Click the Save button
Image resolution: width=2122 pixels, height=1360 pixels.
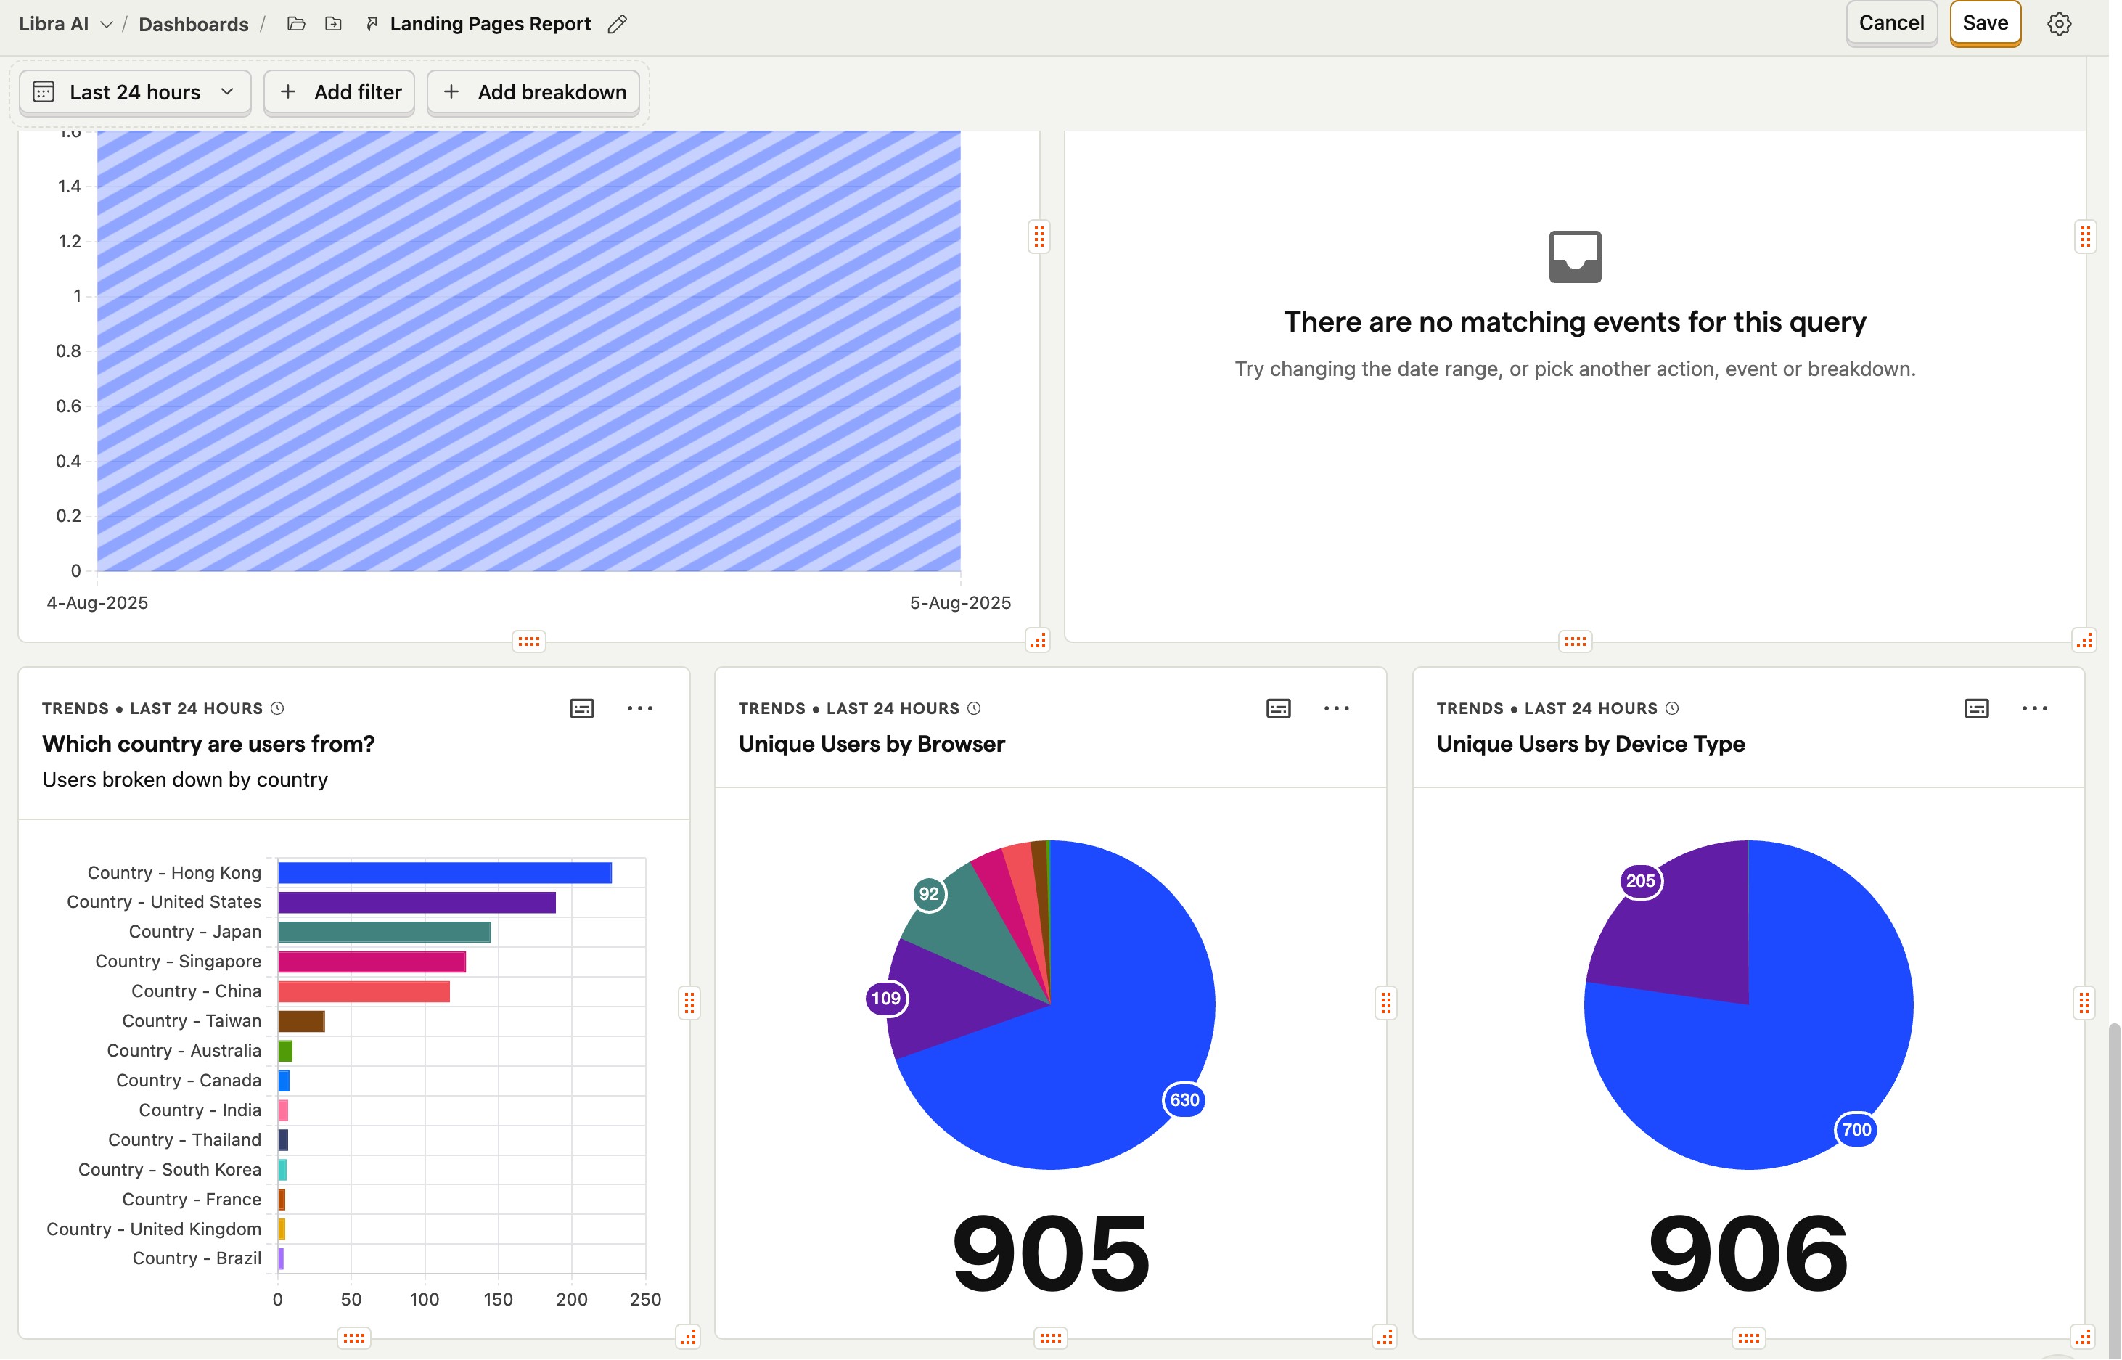pyautogui.click(x=1984, y=24)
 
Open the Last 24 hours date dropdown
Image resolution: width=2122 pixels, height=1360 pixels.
pyautogui.click(x=134, y=93)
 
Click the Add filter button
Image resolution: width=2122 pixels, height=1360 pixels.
pyautogui.click(x=339, y=93)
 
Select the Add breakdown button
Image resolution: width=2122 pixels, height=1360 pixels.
pyautogui.click(x=533, y=93)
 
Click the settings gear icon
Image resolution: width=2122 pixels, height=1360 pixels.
pyautogui.click(x=2058, y=24)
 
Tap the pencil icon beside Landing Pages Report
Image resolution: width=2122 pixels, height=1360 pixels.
pyautogui.click(x=618, y=24)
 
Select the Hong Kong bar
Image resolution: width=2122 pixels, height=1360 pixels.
pyautogui.click(x=444, y=872)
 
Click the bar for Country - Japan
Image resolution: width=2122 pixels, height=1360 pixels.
pyautogui.click(x=384, y=932)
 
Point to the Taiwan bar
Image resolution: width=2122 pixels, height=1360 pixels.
pyautogui.click(x=301, y=1021)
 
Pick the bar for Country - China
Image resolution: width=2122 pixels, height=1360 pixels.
pyautogui.click(x=364, y=991)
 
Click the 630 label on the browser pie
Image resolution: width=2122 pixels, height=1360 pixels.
pyautogui.click(x=1184, y=1099)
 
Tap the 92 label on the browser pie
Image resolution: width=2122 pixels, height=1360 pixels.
pyautogui.click(x=928, y=893)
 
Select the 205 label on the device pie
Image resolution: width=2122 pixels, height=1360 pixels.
pyautogui.click(x=1640, y=880)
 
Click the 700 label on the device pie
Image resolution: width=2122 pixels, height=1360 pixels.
pyautogui.click(x=1856, y=1129)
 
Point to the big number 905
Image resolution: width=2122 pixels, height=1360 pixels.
pyautogui.click(x=1050, y=1253)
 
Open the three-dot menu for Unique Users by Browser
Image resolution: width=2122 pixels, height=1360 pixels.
pyautogui.click(x=1336, y=708)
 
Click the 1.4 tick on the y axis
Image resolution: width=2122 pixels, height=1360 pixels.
pyautogui.click(x=69, y=187)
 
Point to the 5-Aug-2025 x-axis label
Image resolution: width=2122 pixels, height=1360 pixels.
pyautogui.click(x=960, y=603)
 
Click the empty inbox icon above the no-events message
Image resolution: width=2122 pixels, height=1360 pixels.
pyautogui.click(x=1575, y=257)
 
